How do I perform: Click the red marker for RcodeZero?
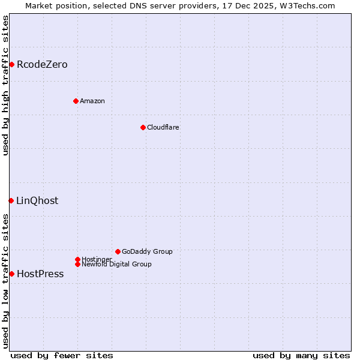(11, 64)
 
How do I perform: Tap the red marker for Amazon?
(76, 101)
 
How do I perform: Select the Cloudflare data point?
(143, 127)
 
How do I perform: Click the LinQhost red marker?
(11, 200)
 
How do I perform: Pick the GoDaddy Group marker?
(118, 251)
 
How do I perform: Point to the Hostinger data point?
(77, 259)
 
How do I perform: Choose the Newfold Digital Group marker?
(77, 264)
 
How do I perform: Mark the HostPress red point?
(11, 274)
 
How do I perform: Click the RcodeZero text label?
(42, 64)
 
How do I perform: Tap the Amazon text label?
(92, 101)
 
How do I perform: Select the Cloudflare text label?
(163, 127)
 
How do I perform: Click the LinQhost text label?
(37, 200)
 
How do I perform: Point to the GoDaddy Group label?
(147, 251)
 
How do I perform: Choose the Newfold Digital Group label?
(116, 264)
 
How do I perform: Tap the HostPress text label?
(40, 274)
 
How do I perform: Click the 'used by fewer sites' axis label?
(62, 355)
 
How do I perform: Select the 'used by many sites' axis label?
(301, 355)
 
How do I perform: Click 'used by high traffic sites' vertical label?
(5, 85)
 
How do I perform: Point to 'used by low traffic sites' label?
(5, 280)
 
